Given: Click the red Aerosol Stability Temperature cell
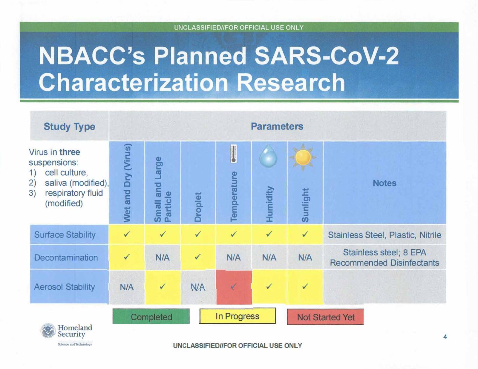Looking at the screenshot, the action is click(234, 287).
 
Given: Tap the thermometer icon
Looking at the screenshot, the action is click(234, 154).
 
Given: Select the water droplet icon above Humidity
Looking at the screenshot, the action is click(268, 156).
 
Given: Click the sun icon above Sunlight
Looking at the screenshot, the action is click(303, 157).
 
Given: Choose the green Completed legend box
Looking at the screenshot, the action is click(151, 316).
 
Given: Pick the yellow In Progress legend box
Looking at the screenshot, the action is click(237, 316).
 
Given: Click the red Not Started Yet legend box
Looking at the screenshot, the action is click(325, 317).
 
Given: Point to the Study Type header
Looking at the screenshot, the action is click(69, 126).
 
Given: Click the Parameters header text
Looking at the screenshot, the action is click(277, 126).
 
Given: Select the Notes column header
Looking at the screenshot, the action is click(384, 183).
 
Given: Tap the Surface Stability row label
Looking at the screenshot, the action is click(65, 235).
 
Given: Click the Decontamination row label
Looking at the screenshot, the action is click(66, 257).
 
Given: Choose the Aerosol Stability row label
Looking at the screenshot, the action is click(65, 287).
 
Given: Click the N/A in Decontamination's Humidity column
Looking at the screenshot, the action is click(269, 257).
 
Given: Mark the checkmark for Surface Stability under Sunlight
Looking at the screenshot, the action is click(305, 234).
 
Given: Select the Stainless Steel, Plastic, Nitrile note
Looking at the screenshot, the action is click(384, 235).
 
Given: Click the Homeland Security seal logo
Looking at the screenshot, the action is click(48, 331).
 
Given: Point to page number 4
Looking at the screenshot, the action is click(445, 337).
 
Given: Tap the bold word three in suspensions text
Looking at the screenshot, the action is click(70, 152).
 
